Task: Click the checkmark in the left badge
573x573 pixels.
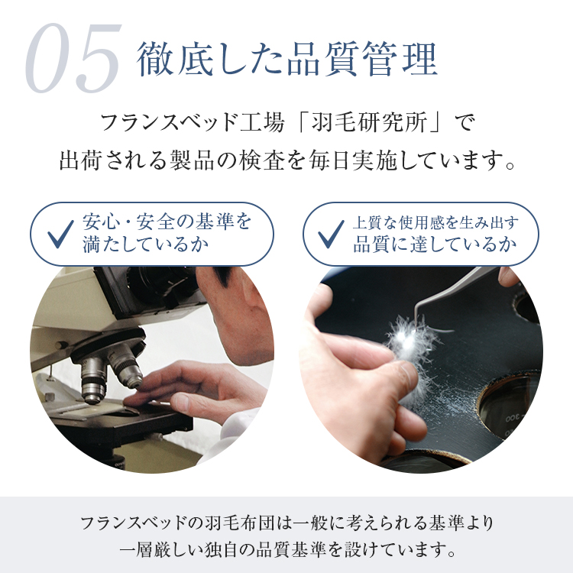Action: (60, 235)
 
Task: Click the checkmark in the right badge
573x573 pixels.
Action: (331, 235)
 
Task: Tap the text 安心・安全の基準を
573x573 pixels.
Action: (166, 222)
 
